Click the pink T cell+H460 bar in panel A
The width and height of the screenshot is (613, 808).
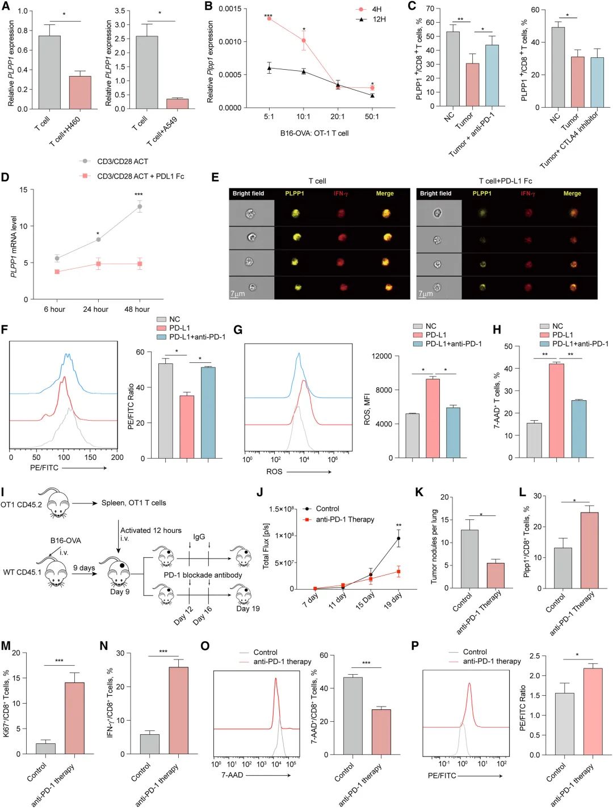(80, 92)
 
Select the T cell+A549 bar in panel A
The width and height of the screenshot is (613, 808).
(178, 104)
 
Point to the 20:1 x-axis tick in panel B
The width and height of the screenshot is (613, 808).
(338, 116)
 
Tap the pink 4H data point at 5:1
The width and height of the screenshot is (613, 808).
(269, 19)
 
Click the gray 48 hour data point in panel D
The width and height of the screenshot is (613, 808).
(140, 206)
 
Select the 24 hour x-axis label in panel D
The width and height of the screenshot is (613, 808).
(95, 309)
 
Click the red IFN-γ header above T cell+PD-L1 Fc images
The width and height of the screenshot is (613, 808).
(528, 193)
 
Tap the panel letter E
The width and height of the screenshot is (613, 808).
(215, 177)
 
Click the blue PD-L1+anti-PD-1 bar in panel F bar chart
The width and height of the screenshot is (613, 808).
(208, 412)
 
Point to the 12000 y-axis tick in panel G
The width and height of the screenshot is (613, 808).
(381, 356)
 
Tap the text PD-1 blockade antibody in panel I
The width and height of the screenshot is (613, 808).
(203, 575)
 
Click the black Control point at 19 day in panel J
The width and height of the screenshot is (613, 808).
(398, 539)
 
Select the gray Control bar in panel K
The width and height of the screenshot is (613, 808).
(469, 559)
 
